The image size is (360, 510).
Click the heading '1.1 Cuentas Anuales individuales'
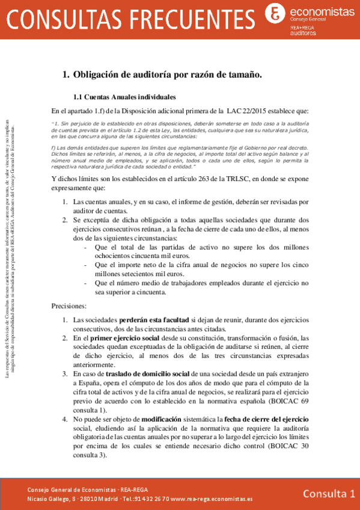tap(124, 96)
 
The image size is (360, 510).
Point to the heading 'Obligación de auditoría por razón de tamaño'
tap(168, 75)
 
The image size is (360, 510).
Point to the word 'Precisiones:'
tap(69, 306)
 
